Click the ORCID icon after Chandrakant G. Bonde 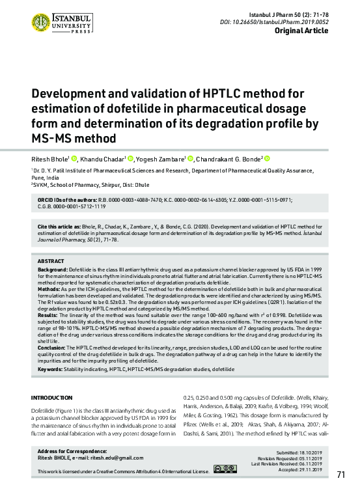tap(267, 158)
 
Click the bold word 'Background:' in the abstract tap(53, 269)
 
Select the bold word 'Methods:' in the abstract tap(49, 287)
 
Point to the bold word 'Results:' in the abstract tap(48, 315)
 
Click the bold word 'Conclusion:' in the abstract tap(52, 348)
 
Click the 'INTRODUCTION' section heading tap(52, 398)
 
